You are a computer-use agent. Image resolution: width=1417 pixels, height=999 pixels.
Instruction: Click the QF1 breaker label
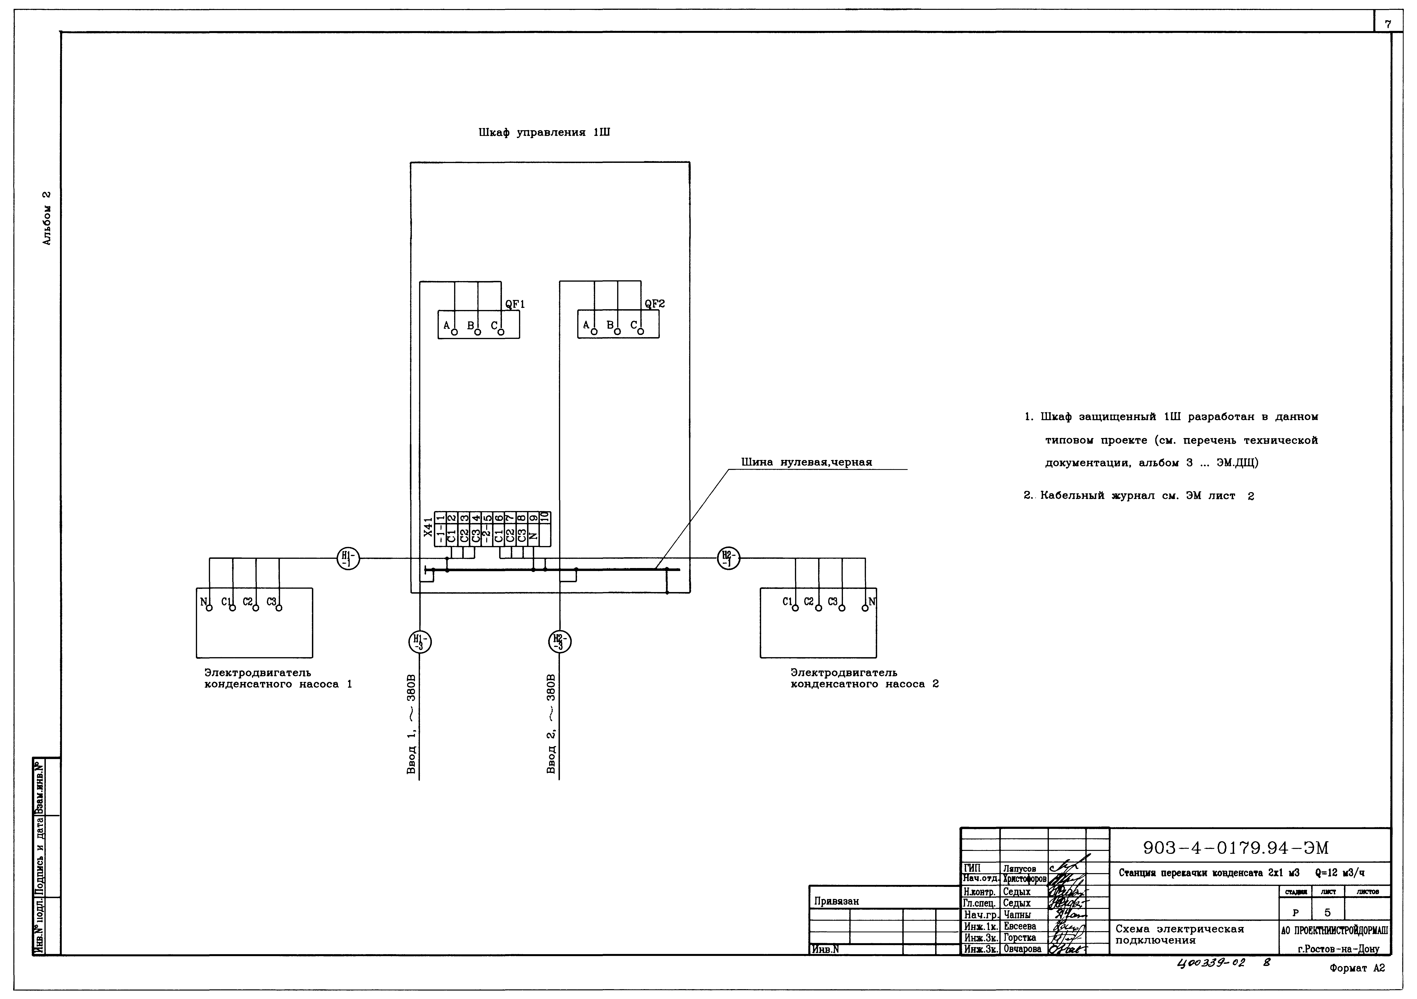tap(515, 304)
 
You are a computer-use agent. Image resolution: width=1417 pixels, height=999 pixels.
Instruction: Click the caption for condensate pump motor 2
tap(864, 678)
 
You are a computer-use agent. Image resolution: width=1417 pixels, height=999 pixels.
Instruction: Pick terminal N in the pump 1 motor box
tap(204, 602)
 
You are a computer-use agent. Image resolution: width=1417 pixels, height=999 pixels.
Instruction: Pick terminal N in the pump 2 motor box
tap(871, 602)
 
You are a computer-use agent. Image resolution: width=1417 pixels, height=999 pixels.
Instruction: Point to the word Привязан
tap(836, 901)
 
